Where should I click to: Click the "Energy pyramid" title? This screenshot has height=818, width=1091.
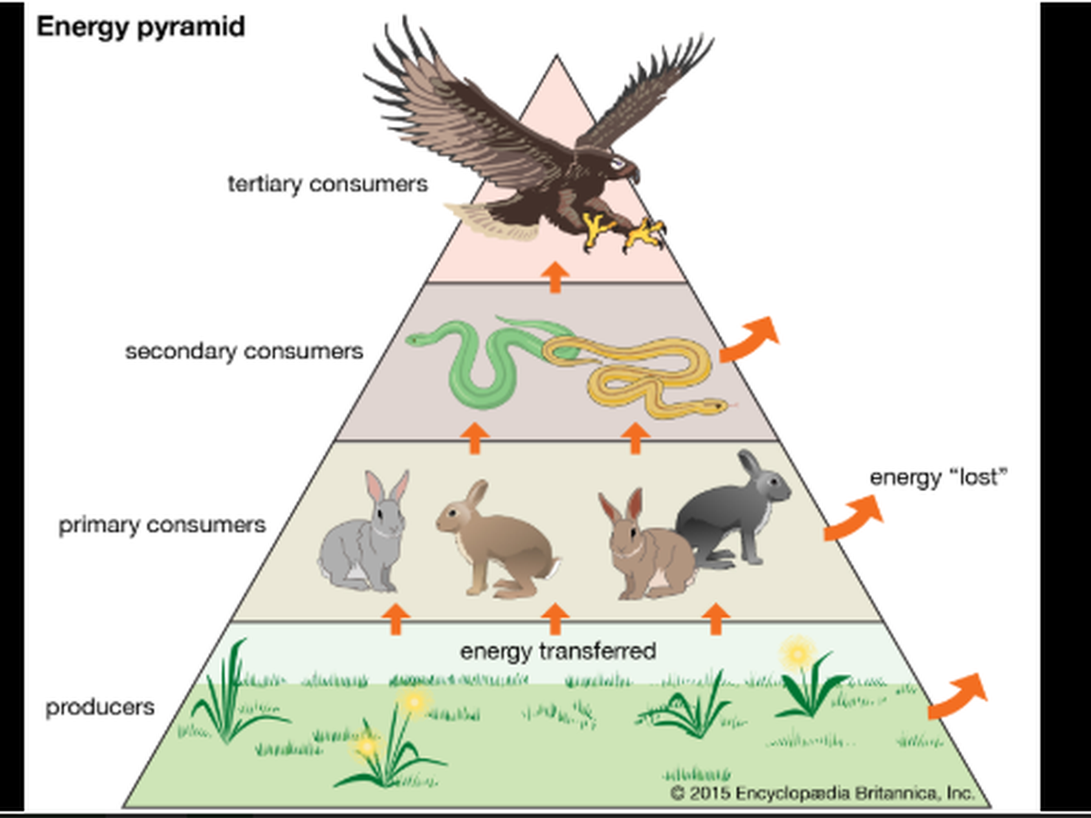tap(140, 27)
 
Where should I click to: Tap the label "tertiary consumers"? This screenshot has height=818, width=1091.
tap(327, 185)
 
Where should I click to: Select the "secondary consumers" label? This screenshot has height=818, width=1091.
tap(244, 351)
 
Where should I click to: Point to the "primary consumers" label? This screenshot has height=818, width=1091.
tap(163, 525)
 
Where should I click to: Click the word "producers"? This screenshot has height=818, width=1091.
tap(100, 706)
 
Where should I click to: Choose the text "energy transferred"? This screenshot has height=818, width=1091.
tap(557, 651)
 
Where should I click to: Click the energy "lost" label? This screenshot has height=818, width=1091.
tap(940, 477)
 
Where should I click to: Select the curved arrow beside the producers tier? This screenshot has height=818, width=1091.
tap(956, 696)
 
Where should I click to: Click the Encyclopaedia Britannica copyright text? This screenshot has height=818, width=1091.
tap(823, 792)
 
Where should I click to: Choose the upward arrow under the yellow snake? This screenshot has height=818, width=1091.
tap(635, 437)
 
